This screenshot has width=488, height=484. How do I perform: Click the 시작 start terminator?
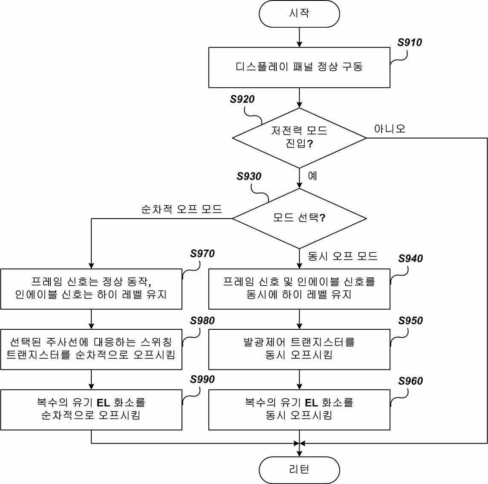(299, 14)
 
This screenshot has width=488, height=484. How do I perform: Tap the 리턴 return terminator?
(299, 470)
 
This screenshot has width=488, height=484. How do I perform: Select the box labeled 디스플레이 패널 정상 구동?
(299, 67)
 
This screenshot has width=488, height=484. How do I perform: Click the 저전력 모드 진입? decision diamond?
(299, 138)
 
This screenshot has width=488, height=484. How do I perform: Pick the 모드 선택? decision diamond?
(299, 219)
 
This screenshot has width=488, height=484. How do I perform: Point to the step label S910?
(410, 42)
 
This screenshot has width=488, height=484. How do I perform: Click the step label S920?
(242, 99)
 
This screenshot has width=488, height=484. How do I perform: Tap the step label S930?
(248, 176)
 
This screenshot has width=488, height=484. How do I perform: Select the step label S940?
(410, 258)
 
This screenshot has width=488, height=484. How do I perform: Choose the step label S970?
(202, 254)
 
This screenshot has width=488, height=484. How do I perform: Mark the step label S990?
(202, 379)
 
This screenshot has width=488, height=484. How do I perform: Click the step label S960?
(410, 381)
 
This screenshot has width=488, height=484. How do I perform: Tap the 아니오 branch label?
(390, 129)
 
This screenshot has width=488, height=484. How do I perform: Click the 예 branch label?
(312, 176)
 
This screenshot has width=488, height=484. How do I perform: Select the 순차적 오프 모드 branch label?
(182, 209)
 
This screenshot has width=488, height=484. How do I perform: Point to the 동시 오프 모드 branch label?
(342, 256)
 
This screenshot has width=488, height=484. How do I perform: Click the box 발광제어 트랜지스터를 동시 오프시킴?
(299, 349)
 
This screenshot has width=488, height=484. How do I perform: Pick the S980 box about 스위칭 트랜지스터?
(91, 349)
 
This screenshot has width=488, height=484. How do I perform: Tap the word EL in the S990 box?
(103, 403)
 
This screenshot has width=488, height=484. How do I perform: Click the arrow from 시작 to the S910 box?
(299, 37)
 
